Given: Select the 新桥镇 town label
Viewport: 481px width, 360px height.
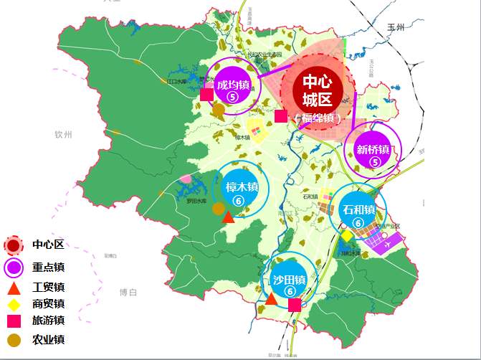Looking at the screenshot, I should [373, 150].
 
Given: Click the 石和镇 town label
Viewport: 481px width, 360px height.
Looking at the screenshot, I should [358, 210].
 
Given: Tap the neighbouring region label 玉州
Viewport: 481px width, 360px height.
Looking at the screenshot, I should [396, 27].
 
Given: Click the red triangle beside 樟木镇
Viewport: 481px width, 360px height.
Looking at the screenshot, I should [229, 217].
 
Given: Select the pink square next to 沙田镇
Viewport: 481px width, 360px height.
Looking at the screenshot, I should [295, 305].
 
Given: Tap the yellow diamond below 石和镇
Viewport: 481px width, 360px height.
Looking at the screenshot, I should [347, 235].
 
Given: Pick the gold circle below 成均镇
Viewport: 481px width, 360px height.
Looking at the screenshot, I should [219, 110].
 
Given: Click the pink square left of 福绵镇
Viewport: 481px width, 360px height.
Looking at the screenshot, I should [280, 116].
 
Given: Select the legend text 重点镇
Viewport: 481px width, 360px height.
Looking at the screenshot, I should [49, 267].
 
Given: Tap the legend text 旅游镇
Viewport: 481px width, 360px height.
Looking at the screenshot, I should [49, 321].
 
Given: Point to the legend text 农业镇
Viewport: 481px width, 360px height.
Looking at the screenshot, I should [49, 338].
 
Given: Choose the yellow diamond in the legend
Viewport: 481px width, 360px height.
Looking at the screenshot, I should [14, 304].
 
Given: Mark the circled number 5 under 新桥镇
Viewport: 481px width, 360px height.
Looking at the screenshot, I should [373, 163].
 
